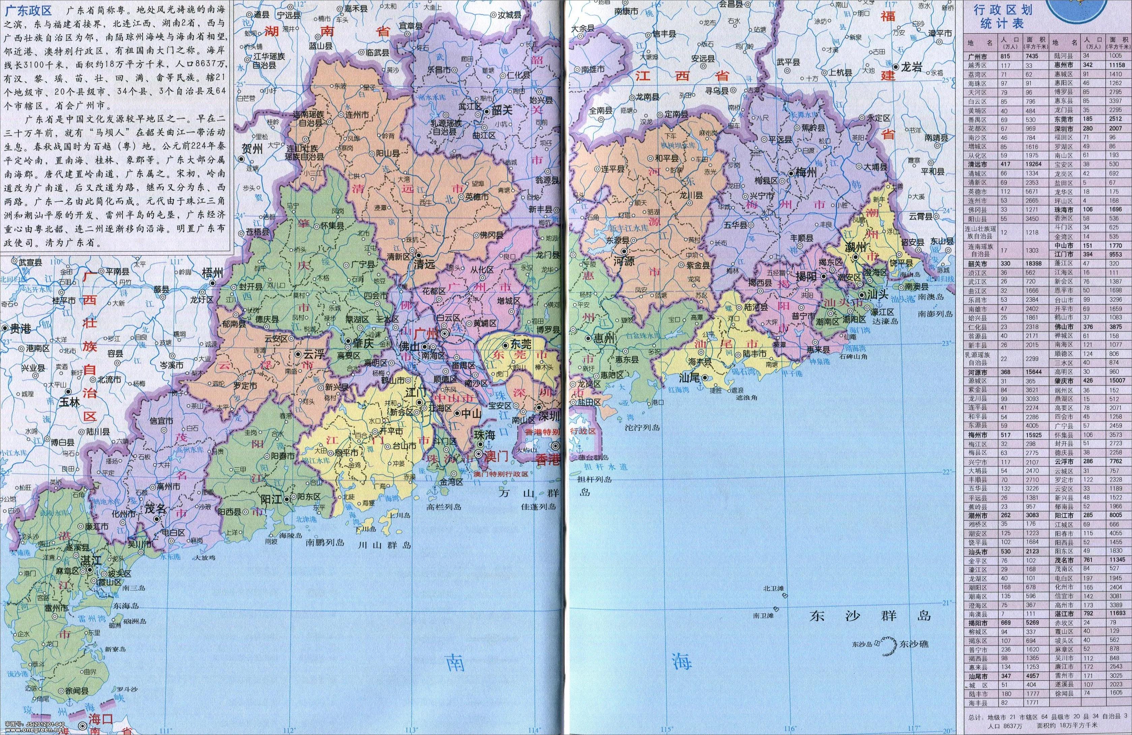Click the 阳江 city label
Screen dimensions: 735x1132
(x=271, y=499)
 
